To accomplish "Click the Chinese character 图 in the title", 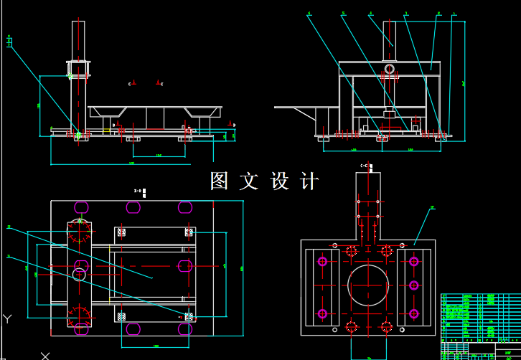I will (x=220, y=181).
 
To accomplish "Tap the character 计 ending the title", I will (x=309, y=181).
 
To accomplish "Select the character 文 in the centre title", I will (x=249, y=181).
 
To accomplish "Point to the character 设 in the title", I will (x=279, y=181).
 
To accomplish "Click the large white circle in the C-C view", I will (x=369, y=285).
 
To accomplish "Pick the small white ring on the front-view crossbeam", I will (x=389, y=69).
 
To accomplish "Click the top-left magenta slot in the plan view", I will (x=81, y=207).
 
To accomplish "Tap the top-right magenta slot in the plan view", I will (x=185, y=207).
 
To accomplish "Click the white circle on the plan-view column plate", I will (x=79, y=274).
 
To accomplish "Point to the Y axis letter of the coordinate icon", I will (x=7, y=318).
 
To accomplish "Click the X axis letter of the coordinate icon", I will (x=46, y=355).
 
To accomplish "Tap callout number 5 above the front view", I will (x=343, y=14).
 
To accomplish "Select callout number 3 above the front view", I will (x=406, y=14).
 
